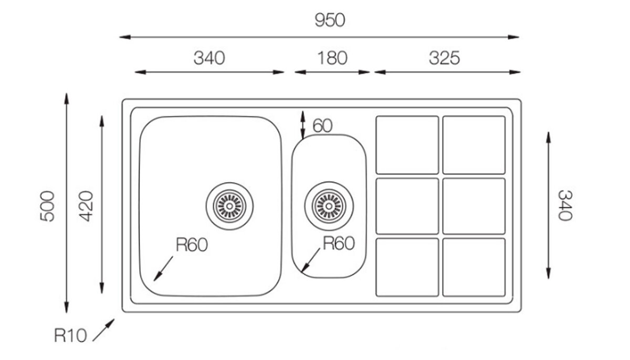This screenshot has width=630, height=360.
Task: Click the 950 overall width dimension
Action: click(x=329, y=21)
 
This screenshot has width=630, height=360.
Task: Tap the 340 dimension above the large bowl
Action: click(x=209, y=57)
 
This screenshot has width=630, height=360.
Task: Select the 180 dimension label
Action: click(x=331, y=57)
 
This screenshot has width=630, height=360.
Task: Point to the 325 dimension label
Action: click(x=444, y=57)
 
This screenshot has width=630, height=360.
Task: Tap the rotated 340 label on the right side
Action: click(x=563, y=205)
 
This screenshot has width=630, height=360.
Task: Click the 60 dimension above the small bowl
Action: click(x=322, y=126)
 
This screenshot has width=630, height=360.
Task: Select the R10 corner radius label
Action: click(x=70, y=335)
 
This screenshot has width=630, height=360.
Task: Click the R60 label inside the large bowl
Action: click(x=192, y=245)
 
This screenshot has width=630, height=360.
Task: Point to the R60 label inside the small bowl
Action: click(x=338, y=243)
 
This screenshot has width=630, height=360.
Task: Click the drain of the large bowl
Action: click(x=229, y=202)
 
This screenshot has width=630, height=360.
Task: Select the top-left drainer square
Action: click(x=407, y=145)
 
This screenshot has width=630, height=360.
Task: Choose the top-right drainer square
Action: click(x=474, y=145)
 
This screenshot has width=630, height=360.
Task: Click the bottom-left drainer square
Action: click(x=407, y=267)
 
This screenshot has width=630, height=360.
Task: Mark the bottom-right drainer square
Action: click(x=474, y=267)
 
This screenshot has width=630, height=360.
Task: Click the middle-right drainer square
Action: click(x=474, y=206)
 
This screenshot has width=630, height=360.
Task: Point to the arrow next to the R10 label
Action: click(x=103, y=328)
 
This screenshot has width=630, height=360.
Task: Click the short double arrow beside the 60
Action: click(x=302, y=124)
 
